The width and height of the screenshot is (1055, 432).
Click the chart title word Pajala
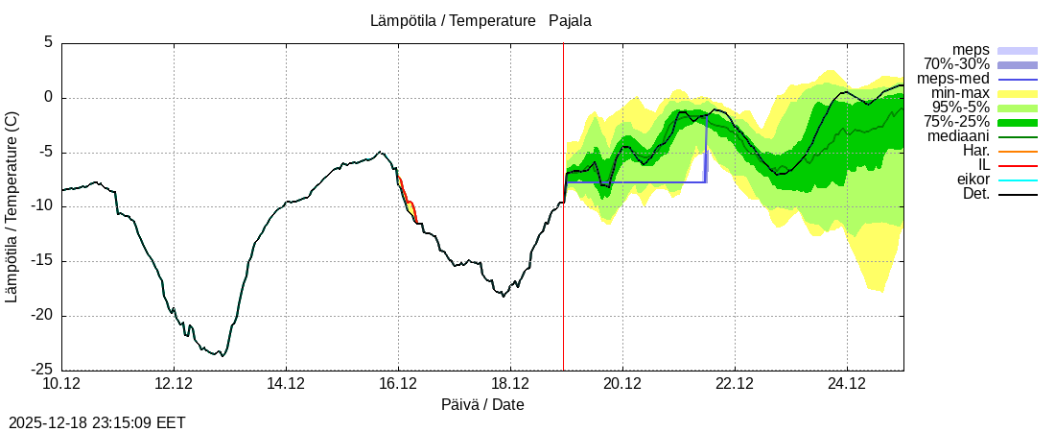(570, 20)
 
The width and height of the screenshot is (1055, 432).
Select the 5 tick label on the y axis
(47, 42)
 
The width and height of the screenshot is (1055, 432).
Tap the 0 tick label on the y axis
(47, 97)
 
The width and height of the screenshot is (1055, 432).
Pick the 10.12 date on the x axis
(61, 384)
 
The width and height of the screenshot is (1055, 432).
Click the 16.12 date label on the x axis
(398, 384)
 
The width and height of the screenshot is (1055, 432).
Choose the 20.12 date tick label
(622, 384)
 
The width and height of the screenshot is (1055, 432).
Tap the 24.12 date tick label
(847, 384)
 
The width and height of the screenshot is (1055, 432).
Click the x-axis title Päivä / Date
(481, 405)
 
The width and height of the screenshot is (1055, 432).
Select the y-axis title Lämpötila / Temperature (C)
(12, 206)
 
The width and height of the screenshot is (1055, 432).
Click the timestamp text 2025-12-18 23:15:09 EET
(97, 422)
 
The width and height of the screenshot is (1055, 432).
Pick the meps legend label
(971, 50)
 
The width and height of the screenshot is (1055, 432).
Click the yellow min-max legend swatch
(1018, 93)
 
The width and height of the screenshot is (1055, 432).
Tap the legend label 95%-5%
(960, 108)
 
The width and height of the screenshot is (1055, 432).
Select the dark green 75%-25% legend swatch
(1018, 122)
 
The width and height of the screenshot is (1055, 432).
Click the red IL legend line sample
(1018, 165)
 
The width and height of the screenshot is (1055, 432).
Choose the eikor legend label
(973, 180)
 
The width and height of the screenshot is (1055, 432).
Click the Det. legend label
(975, 194)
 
